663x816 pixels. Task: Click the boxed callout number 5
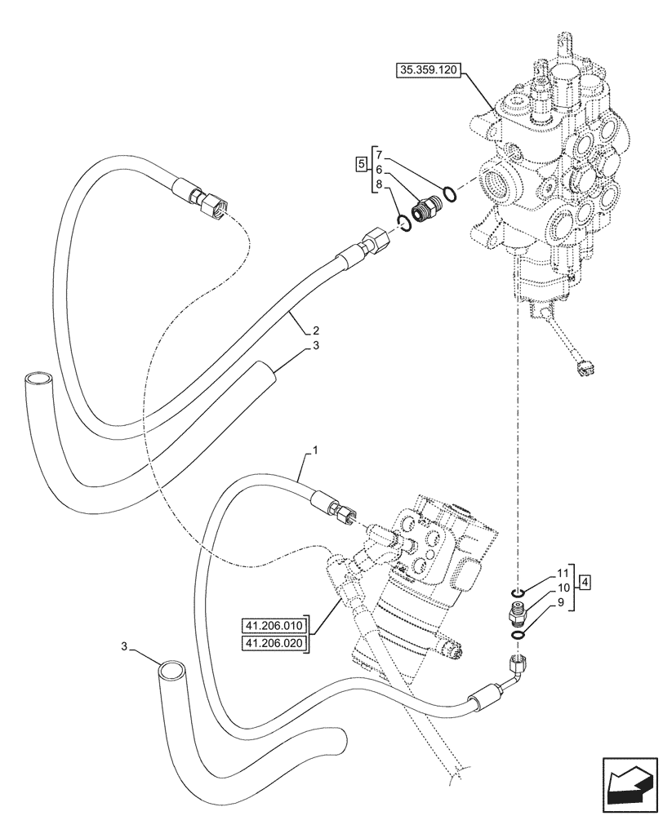click(361, 164)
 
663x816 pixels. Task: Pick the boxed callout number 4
click(586, 582)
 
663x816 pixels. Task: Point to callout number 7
click(379, 154)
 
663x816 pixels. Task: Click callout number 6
click(379, 170)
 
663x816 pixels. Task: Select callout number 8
click(379, 185)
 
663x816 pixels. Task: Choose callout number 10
click(563, 588)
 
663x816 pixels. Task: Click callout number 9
click(563, 603)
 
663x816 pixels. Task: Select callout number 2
click(314, 331)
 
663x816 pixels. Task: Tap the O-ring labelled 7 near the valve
click(448, 194)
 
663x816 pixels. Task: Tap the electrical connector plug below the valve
click(582, 369)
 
